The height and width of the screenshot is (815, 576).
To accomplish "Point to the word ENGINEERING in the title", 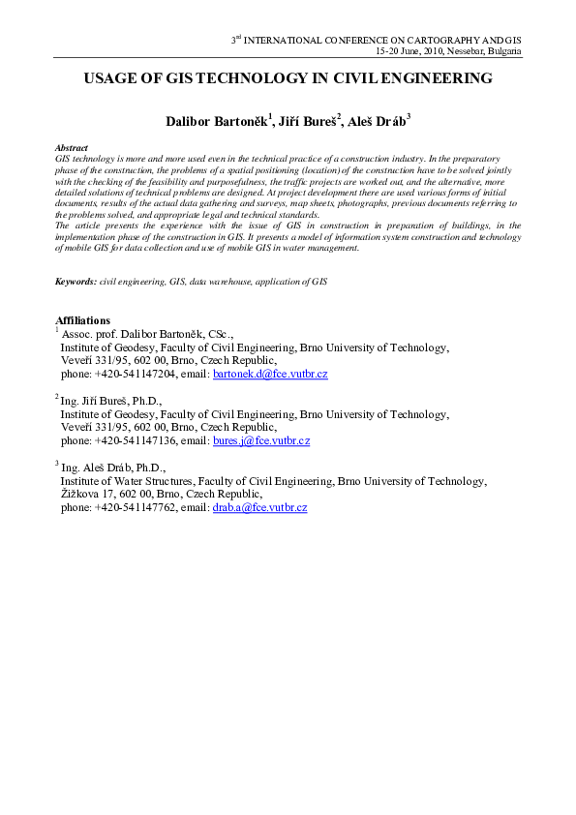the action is pyautogui.click(x=433, y=78).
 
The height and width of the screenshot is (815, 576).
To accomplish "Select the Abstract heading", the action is pyautogui.click(x=73, y=147).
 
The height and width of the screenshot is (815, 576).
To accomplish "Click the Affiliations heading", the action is pyautogui.click(x=83, y=320).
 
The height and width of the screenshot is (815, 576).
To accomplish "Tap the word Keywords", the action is pyautogui.click(x=76, y=280).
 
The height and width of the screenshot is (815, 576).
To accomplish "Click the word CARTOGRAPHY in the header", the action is pyautogui.click(x=430, y=40).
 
